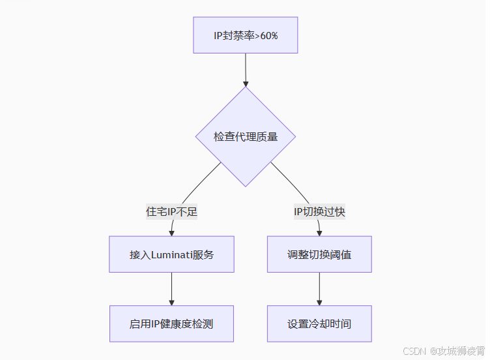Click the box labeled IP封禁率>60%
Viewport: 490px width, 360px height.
[245, 35]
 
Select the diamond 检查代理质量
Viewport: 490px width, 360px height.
[246, 137]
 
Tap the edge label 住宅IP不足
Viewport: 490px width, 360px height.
[171, 212]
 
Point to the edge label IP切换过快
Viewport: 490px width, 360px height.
[319, 212]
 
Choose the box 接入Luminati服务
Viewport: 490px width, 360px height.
[171, 254]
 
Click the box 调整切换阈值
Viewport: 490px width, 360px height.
[319, 254]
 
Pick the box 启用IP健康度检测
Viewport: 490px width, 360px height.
[171, 323]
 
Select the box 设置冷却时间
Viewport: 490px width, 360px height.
[319, 323]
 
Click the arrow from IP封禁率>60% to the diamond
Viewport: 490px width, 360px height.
[246, 68]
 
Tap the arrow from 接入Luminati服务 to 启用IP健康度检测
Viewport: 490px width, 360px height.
[171, 287]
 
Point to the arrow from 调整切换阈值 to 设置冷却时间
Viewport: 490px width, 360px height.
[319, 287]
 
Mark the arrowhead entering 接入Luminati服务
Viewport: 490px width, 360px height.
[171, 232]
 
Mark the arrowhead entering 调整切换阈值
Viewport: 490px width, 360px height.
[319, 232]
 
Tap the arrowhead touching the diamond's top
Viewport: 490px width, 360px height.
[246, 83]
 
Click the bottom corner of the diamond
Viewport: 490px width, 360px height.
[246, 187]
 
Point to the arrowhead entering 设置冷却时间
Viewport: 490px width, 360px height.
[319, 301]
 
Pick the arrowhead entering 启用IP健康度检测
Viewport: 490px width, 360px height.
[171, 301]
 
